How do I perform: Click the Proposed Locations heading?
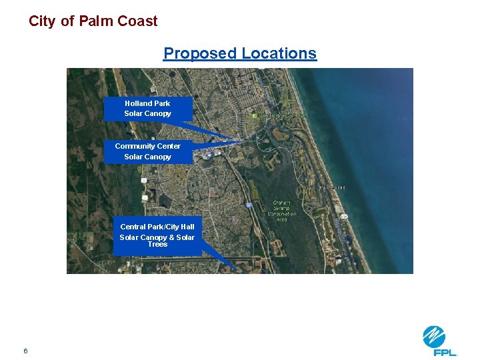[240, 53]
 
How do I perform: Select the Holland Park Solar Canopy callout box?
[148, 109]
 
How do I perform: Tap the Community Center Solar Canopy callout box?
[148, 151]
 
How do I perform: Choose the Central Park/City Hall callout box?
[157, 235]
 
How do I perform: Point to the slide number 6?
[25, 351]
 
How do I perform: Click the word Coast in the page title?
[137, 21]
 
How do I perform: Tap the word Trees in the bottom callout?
[157, 244]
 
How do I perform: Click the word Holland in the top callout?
[138, 103]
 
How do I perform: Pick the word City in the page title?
[43, 21]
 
